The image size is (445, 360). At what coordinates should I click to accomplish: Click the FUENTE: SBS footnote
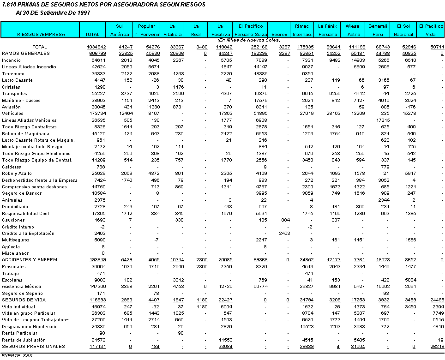coord(16,355)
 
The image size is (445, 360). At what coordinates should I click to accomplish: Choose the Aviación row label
coord(12,107)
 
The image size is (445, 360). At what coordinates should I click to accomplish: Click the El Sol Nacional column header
coord(403,30)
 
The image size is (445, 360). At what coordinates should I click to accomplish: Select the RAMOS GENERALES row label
coord(25,54)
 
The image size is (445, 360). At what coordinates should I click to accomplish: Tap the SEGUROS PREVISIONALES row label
coord(33,347)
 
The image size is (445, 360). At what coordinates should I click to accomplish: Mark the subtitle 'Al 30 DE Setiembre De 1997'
coord(52,12)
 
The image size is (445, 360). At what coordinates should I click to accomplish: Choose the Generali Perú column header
coord(378,30)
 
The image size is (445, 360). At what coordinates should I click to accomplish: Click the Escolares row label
coord(12,280)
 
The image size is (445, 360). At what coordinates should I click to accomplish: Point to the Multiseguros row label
coord(15,240)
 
